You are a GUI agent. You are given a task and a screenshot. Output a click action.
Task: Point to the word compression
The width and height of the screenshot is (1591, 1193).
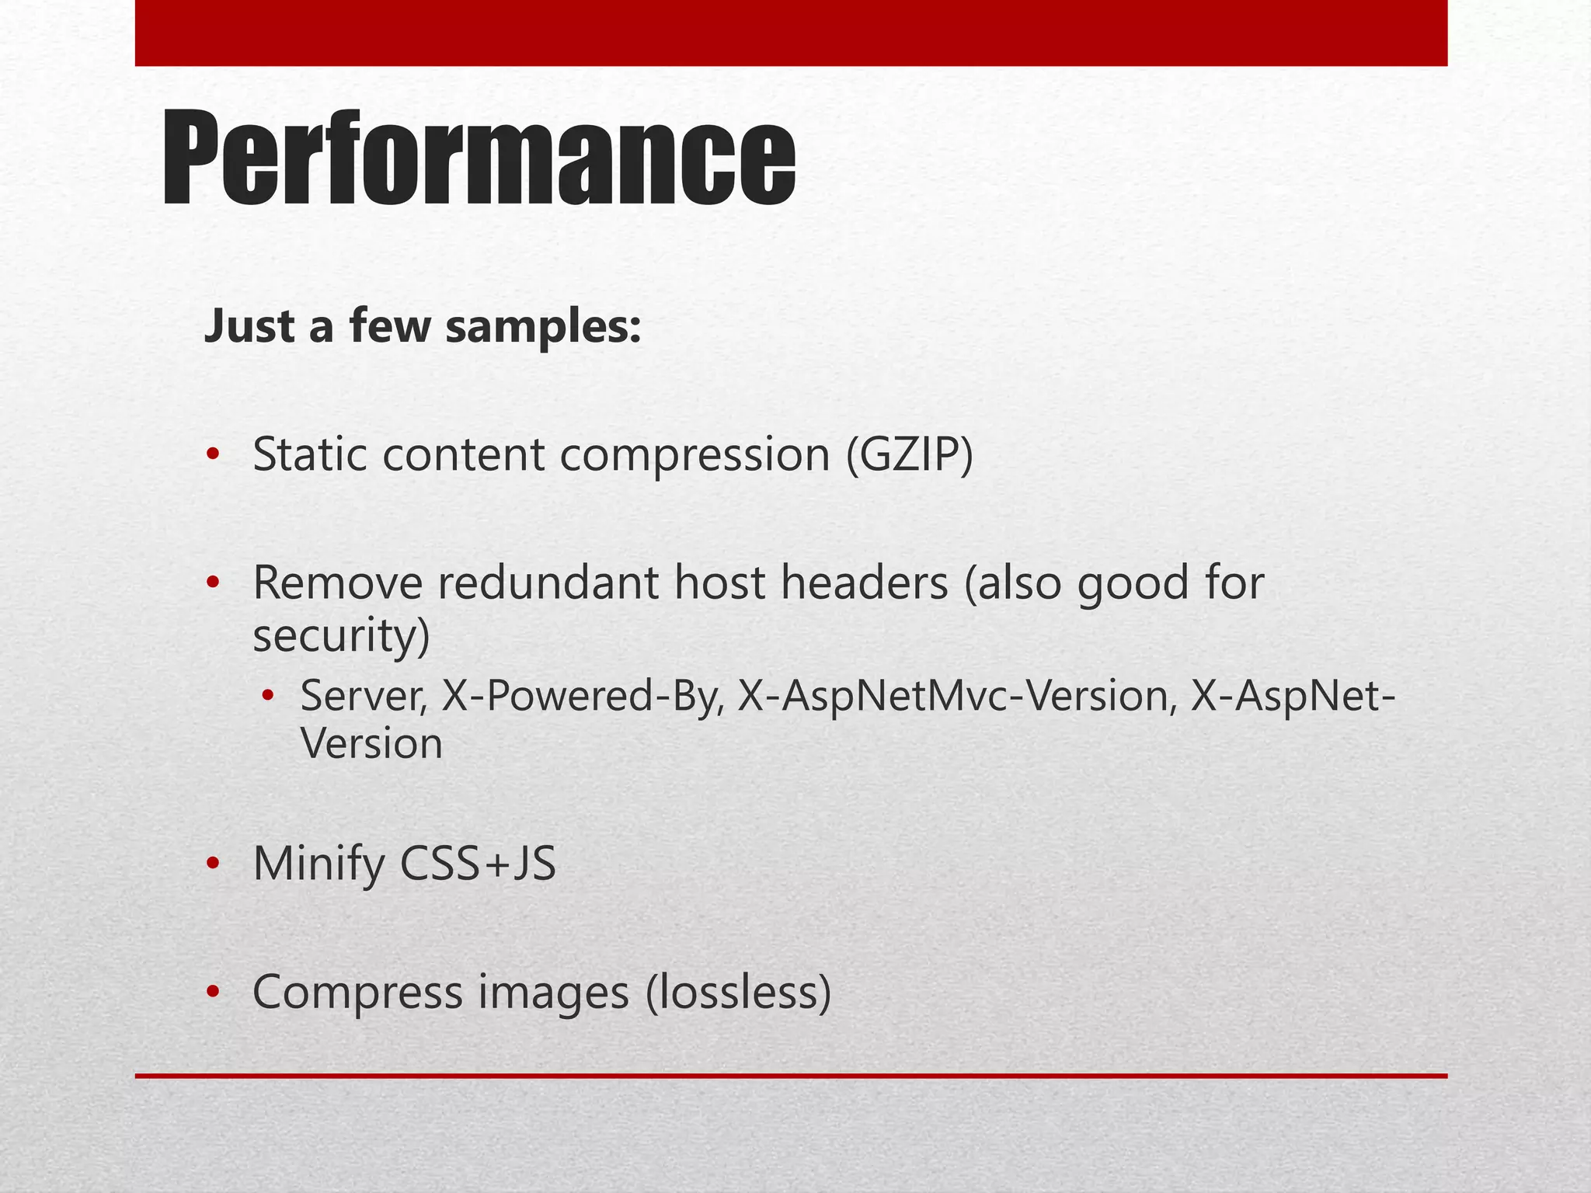(695, 456)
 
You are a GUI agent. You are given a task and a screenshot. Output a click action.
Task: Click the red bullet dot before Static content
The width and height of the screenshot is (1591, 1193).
(213, 454)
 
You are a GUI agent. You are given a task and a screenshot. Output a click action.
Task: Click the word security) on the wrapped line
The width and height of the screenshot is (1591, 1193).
(341, 635)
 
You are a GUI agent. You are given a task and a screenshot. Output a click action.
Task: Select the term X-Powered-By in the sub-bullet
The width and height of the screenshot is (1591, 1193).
(583, 696)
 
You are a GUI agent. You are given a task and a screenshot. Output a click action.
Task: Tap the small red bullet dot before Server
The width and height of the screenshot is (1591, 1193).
(268, 695)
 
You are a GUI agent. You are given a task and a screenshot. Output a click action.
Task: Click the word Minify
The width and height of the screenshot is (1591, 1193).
(319, 864)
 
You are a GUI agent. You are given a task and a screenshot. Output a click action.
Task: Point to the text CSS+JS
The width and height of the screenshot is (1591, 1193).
(478, 863)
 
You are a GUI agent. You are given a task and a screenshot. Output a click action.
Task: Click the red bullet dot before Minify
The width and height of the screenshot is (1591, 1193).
(213, 863)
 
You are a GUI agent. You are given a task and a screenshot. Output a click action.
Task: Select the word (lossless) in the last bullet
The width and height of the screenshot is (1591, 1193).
(739, 993)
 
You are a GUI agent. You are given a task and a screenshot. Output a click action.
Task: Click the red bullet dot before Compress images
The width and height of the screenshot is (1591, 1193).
(213, 992)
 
